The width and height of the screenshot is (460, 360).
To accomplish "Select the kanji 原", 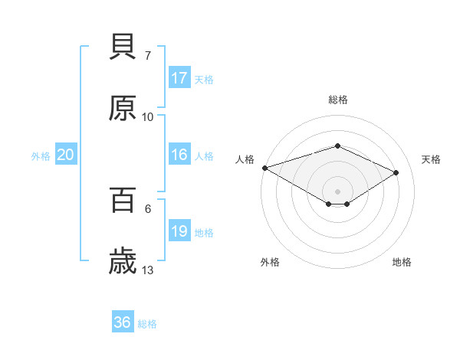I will click(x=123, y=109).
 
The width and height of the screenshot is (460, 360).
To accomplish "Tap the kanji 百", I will click(x=123, y=201).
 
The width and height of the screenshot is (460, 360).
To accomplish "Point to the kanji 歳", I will click(x=123, y=263).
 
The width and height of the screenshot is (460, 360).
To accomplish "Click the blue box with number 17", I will click(x=179, y=78).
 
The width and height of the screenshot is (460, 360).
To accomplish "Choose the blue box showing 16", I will click(x=179, y=155).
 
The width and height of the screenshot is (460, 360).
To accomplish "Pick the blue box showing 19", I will click(x=179, y=231).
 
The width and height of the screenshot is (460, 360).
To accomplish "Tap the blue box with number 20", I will click(x=66, y=155).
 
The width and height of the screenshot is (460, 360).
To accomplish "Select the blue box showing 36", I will click(x=123, y=322).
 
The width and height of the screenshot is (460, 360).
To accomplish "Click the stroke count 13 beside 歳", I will click(x=148, y=270).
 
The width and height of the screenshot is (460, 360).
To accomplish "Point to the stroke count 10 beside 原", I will click(x=148, y=116).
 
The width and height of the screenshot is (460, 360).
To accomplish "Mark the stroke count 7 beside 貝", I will click(x=148, y=55).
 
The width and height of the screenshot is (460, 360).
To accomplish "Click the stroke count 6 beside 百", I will click(x=148, y=208).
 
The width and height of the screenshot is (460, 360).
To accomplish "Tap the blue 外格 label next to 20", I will click(x=41, y=155).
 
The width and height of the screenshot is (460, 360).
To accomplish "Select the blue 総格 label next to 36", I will click(x=147, y=323).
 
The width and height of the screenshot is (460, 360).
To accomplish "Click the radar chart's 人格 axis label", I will click(x=245, y=159).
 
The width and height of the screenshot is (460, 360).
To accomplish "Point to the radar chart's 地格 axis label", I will click(x=402, y=262).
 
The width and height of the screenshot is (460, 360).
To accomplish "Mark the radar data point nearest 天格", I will click(x=396, y=172).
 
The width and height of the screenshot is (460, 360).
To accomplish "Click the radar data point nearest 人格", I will click(x=264, y=168).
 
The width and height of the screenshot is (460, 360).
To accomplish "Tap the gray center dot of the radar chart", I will click(x=337, y=191).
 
